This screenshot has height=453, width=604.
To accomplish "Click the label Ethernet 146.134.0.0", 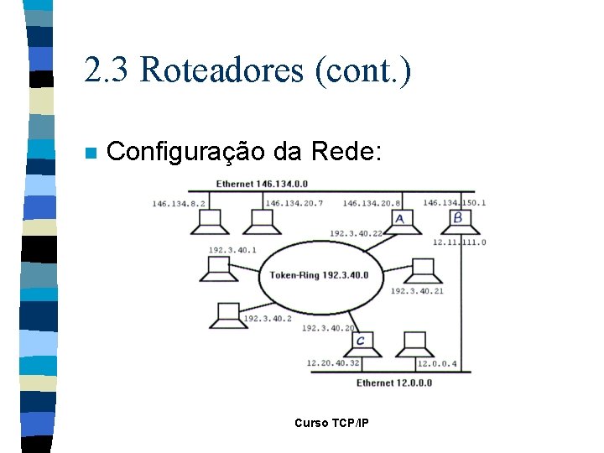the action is tap(262, 184).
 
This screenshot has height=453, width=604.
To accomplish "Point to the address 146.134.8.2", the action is tap(180, 203).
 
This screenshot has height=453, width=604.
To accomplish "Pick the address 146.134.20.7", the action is tap(294, 203).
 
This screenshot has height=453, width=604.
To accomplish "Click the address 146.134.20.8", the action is tap(372, 203).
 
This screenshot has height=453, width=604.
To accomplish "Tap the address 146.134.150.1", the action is tap(454, 202).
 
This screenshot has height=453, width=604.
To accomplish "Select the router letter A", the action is tap(399, 219).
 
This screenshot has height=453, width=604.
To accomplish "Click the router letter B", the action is tap(457, 218).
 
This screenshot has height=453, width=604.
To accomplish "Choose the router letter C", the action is tap(361, 341).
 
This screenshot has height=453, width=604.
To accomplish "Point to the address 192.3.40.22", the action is tap(357, 233).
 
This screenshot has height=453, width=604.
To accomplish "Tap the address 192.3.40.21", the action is tap(417, 290).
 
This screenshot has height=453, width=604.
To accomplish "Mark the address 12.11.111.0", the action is tap(459, 242).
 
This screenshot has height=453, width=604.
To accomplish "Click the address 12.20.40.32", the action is tap(333, 363).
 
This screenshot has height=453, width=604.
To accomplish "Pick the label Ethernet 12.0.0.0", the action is tap(394, 383).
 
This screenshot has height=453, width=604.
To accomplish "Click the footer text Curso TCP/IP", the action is tap(331, 423).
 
